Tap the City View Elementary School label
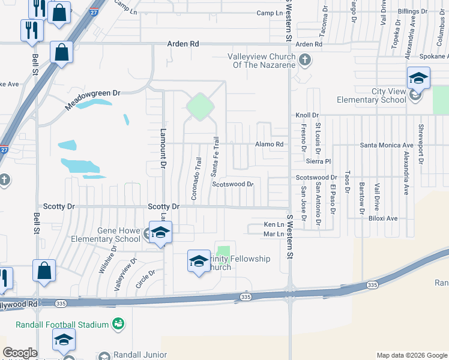tap(372, 95)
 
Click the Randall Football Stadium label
tap(62, 325)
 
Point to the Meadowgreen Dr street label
tap(93, 100)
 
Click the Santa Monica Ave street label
tap(387, 145)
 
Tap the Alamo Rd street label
tap(269, 145)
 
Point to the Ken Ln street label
tap(273, 224)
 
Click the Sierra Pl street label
tap(319, 161)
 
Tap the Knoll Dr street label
tap(306, 115)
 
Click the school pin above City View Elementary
tap(418, 78)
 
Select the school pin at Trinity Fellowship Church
tap(199, 260)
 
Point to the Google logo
tap(19, 353)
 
